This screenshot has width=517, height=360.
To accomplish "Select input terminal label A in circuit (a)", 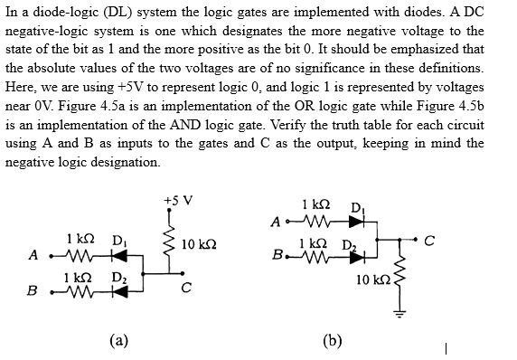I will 33,254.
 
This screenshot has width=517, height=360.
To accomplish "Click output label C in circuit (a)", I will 185,289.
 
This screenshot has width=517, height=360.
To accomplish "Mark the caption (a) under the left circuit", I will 117,340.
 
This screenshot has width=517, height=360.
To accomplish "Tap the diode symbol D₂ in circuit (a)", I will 118,291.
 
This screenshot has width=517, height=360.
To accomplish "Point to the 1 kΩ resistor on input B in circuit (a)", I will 80,291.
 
